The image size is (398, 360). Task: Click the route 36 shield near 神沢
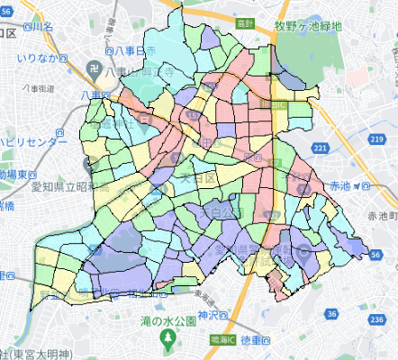[331, 313]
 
